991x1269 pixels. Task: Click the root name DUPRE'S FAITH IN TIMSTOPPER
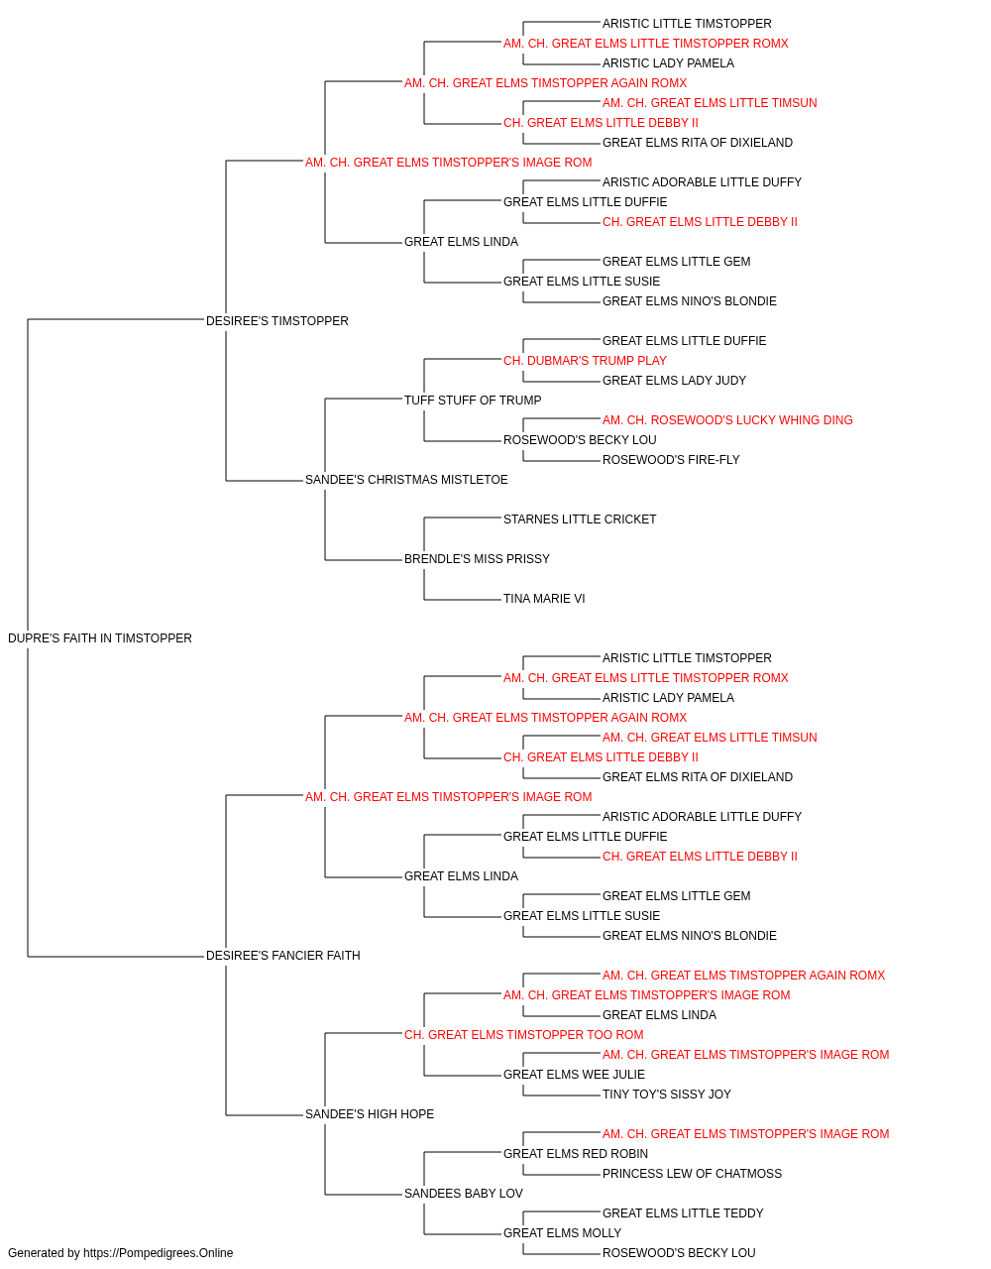point(100,638)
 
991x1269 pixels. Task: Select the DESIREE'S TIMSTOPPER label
point(277,321)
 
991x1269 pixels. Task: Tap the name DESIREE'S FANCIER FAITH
point(283,956)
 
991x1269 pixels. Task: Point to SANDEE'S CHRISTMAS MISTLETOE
point(406,480)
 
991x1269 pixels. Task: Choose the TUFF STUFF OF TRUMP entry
point(473,400)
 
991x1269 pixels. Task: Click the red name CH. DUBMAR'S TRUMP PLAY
point(585,361)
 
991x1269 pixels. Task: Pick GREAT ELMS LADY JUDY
point(674,380)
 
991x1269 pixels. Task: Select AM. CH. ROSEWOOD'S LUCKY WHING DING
point(727,420)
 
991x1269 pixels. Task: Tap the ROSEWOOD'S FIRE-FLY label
point(671,460)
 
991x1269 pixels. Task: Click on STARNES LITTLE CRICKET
point(580,519)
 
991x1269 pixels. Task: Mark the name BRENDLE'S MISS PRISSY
point(477,559)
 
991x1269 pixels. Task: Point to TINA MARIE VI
point(544,599)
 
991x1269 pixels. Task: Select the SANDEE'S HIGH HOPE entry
point(370,1114)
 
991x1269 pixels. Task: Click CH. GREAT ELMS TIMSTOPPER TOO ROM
point(523,1035)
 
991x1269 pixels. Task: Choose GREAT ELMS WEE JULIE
point(574,1075)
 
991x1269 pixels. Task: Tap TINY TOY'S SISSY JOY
point(667,1095)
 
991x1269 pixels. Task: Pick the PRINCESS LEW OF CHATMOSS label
point(692,1174)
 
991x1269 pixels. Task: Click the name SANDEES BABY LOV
point(464,1194)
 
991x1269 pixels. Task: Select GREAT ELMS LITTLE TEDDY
point(683,1213)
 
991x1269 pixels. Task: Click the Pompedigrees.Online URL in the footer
point(159,1253)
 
